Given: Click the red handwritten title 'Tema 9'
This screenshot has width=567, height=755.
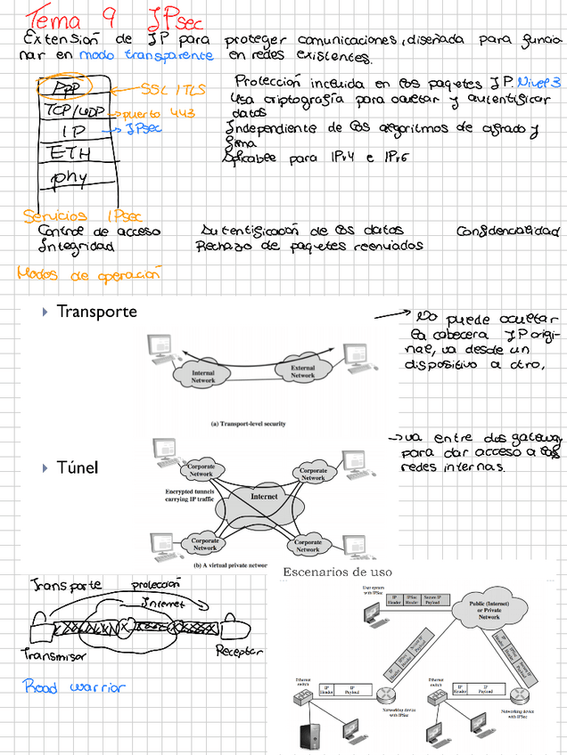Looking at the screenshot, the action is coord(67,17).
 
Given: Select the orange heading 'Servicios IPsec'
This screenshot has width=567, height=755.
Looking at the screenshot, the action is coord(81,215).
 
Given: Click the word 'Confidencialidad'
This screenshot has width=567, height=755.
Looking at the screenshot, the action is coord(507,231).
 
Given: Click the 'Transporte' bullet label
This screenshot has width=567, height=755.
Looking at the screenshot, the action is coord(96,312).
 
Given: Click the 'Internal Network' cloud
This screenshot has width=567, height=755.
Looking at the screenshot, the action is coord(204,377).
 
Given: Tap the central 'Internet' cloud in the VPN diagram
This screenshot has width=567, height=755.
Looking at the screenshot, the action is coord(265,497).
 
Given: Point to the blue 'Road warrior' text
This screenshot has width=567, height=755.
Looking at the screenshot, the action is coord(74,686).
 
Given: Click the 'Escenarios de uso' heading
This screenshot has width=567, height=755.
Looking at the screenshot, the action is coord(337,572).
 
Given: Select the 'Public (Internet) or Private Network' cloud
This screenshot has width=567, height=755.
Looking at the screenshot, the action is coord(489,611).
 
